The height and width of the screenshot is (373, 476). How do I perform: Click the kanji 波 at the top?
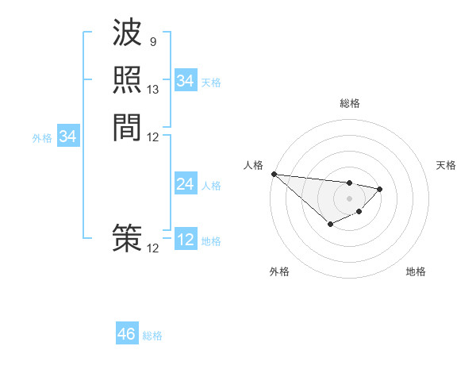click(x=127, y=34)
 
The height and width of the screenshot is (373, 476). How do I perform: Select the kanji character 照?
click(x=127, y=81)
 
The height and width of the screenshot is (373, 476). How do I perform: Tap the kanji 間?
click(x=127, y=127)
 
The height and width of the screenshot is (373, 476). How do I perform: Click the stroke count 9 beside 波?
click(x=152, y=41)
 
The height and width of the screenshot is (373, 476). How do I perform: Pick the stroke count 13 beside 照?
click(x=153, y=90)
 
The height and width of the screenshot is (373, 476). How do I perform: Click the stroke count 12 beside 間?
click(x=153, y=137)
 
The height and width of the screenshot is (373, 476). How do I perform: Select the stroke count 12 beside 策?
click(x=153, y=248)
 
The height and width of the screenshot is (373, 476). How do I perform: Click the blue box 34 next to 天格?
click(x=185, y=81)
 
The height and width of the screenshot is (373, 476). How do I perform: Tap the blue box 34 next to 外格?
click(x=68, y=137)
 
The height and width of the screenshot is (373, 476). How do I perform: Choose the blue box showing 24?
click(x=185, y=184)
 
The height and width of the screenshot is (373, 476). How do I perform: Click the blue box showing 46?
click(x=127, y=334)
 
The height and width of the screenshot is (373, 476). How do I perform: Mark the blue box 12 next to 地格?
click(x=185, y=240)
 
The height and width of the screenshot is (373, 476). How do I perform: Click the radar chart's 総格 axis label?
click(x=349, y=103)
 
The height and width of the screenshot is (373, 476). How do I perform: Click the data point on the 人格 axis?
click(x=273, y=174)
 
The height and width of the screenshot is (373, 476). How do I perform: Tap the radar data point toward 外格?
click(x=330, y=225)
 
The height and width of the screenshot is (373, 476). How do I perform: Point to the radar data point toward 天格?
click(x=380, y=189)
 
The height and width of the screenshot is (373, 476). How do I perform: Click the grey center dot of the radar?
click(x=349, y=198)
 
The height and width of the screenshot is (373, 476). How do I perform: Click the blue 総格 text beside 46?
click(x=152, y=336)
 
